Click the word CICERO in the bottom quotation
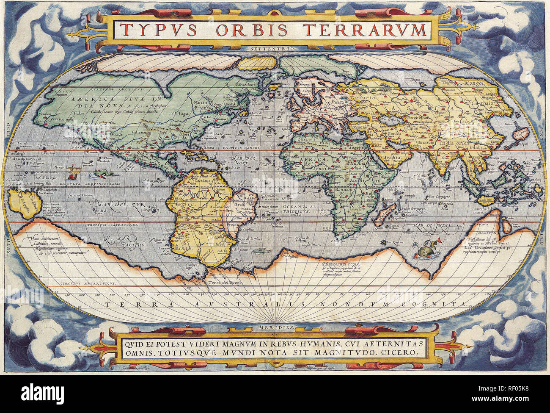coord(401,352)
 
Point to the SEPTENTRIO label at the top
coord(278,49)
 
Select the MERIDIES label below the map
coord(275,327)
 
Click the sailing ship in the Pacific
coord(75,172)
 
